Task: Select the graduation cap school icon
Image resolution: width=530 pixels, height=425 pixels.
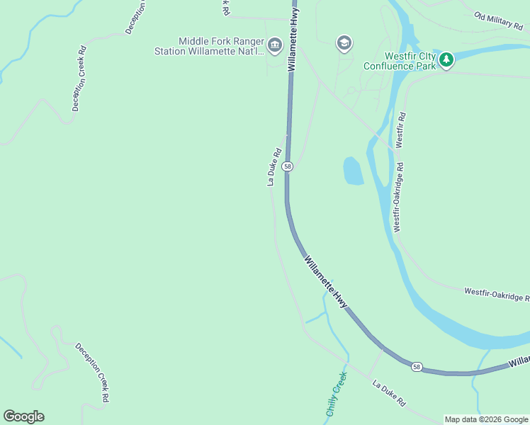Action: (x=344, y=43)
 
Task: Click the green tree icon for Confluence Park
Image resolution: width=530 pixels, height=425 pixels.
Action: (x=446, y=59)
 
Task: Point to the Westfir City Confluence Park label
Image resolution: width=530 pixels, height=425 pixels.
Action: (x=400, y=61)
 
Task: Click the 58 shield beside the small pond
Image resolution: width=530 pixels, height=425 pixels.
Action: (x=287, y=166)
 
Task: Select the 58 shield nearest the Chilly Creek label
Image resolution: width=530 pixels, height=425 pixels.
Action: (x=417, y=366)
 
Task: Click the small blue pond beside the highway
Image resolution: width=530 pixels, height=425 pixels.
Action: (x=353, y=171)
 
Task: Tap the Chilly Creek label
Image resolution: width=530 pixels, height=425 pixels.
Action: (x=336, y=393)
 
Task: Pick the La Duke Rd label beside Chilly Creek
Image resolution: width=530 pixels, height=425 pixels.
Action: (x=389, y=392)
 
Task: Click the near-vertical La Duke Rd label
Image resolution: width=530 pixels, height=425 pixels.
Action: (x=275, y=166)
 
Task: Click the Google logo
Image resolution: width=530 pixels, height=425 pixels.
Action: (x=23, y=416)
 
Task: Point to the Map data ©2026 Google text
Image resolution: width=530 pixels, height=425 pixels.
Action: (x=486, y=419)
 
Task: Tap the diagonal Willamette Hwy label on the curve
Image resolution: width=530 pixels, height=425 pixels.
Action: (x=327, y=282)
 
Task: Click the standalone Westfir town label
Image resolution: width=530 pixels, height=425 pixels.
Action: (x=400, y=129)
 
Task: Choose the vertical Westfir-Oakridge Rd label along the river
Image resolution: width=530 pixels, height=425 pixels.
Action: (x=399, y=198)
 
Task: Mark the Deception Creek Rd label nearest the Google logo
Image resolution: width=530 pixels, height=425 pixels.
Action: (x=93, y=373)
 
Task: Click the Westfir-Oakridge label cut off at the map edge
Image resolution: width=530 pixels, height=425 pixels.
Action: (x=496, y=294)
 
